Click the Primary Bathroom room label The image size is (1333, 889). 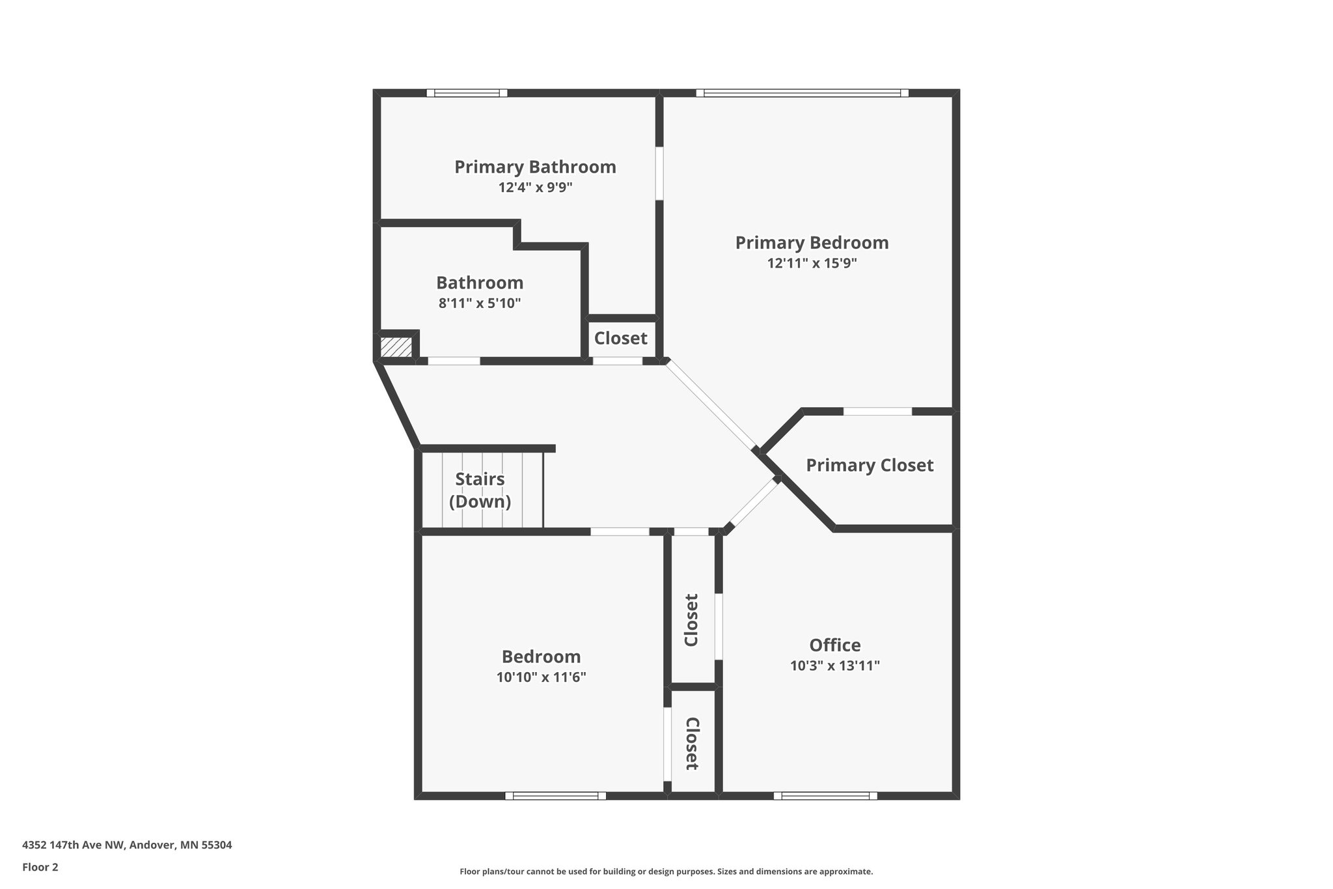click(x=535, y=167)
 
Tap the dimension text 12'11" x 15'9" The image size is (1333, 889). click(x=812, y=263)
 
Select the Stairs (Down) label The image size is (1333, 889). click(x=480, y=490)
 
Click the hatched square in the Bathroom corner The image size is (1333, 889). click(x=396, y=346)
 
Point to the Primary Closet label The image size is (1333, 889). click(x=870, y=465)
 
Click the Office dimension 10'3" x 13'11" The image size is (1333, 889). click(x=835, y=666)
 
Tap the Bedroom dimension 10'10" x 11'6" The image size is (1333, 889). click(x=541, y=677)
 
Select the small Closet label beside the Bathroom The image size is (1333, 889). click(x=620, y=339)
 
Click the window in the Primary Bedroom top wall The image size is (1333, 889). click(x=802, y=93)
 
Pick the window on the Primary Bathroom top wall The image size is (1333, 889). click(x=467, y=93)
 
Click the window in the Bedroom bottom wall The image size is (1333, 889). click(x=555, y=795)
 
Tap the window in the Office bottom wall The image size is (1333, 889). click(x=825, y=795)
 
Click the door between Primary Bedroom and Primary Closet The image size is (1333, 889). click(x=877, y=412)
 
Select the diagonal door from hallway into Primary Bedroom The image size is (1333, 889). click(x=711, y=404)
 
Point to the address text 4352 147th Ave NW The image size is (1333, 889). click(x=127, y=845)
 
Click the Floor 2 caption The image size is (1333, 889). click(x=40, y=867)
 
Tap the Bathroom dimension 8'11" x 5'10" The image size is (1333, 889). click(x=480, y=303)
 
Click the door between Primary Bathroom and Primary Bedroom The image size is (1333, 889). click(x=659, y=173)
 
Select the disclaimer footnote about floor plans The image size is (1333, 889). click(x=666, y=871)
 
